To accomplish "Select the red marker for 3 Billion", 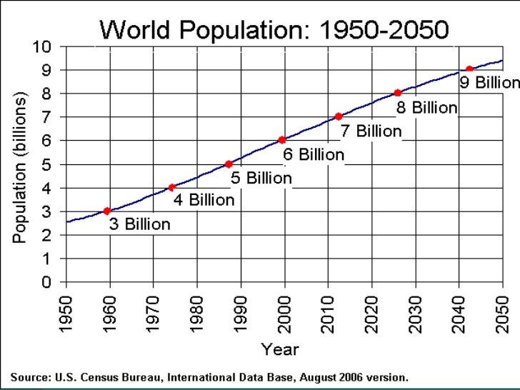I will [106, 211].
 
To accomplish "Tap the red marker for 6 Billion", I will [282, 140].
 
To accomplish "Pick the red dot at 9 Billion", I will [469, 69].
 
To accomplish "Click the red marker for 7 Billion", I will [339, 116].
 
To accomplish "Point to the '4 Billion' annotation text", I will [204, 201].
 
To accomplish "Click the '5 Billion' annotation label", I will [260, 178].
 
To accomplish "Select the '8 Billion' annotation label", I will [426, 108].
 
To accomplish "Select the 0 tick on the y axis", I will [46, 283].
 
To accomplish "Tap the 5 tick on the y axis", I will [46, 164].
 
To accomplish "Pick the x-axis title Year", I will [280, 350].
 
